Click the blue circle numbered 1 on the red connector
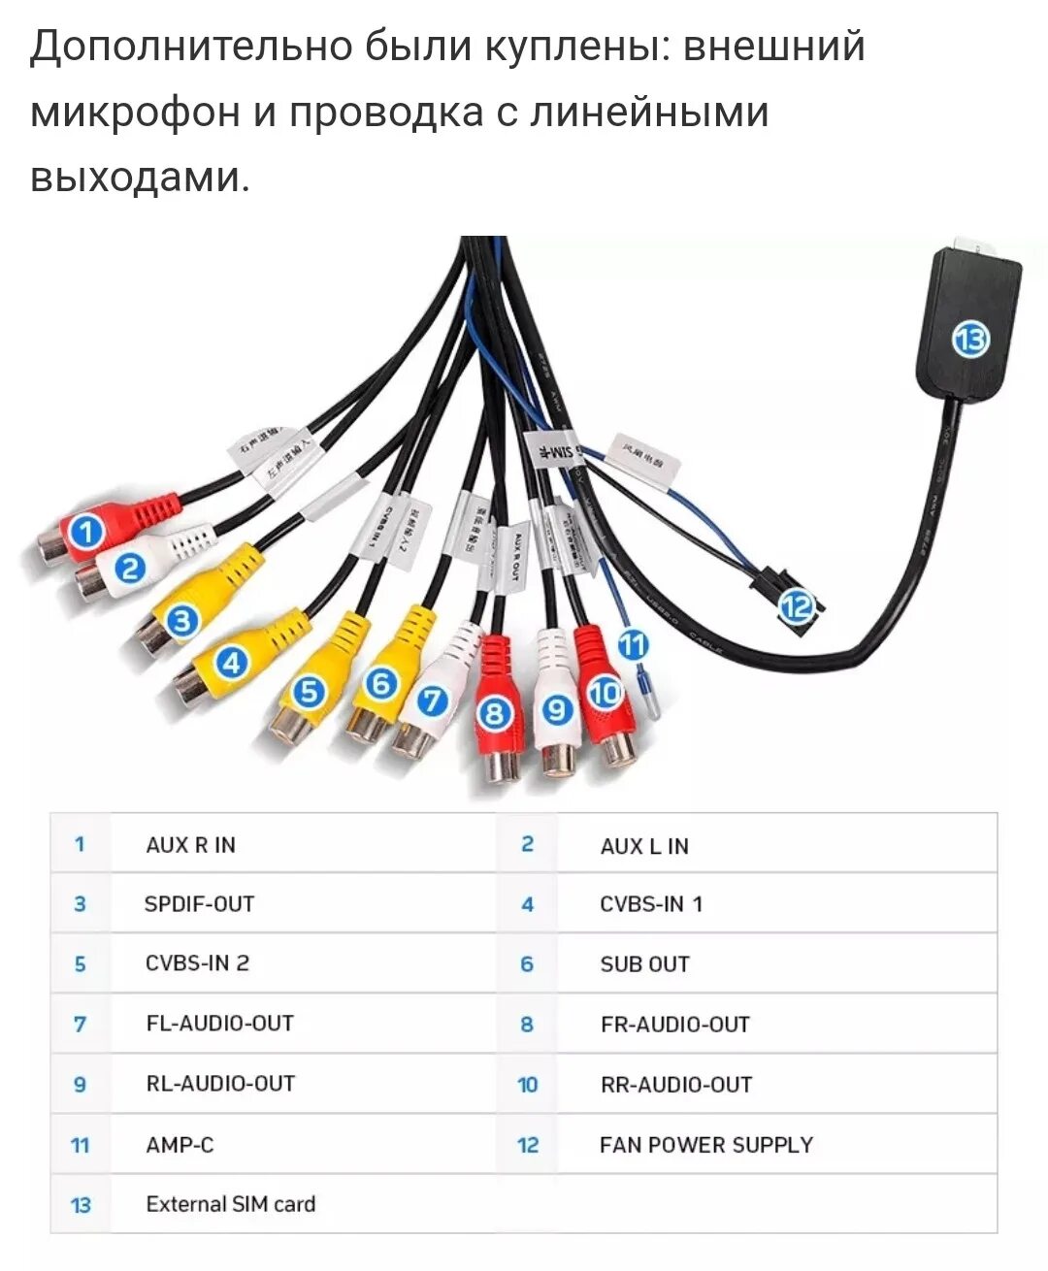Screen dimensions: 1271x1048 (88, 532)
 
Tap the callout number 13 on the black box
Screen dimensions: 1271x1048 (970, 339)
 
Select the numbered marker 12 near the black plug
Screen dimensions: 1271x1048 (797, 606)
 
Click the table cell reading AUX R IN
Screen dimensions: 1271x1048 (190, 845)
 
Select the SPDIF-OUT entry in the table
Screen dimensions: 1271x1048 (199, 904)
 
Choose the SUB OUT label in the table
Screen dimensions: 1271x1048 (644, 964)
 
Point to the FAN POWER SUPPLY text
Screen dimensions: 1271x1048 (705, 1145)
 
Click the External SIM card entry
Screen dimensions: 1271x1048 (230, 1204)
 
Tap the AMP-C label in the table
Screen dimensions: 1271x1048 (180, 1145)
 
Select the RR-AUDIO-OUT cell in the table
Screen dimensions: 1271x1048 (675, 1085)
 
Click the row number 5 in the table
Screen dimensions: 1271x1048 (80, 964)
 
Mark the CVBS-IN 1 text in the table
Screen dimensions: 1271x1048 (651, 904)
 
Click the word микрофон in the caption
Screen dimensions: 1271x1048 (134, 113)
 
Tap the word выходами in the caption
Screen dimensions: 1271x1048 (139, 178)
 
